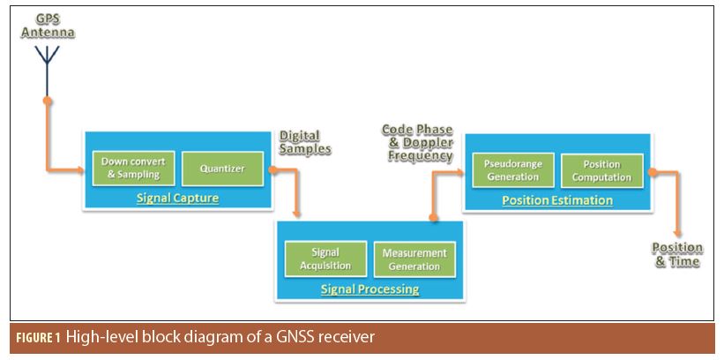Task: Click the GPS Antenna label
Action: [49, 26]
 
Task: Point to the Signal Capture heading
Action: [177, 198]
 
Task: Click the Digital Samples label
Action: [305, 142]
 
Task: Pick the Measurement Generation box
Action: [414, 259]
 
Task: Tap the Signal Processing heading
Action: [369, 289]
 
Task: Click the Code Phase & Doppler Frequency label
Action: [417, 142]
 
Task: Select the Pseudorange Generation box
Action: [512, 170]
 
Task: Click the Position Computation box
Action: [602, 170]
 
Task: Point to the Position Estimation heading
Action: [557, 200]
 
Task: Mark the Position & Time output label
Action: [677, 254]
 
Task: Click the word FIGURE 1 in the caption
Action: [37, 337]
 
